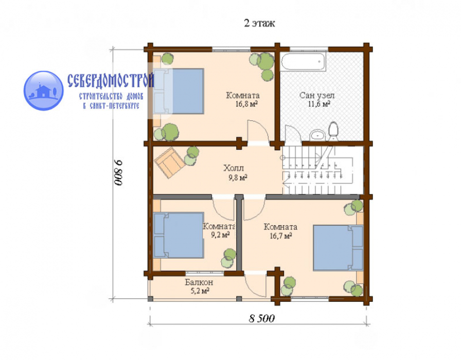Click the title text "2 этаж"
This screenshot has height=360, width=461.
click(x=259, y=23)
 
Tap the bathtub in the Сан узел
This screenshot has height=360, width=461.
click(x=304, y=61)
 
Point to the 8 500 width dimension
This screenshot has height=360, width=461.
click(x=262, y=318)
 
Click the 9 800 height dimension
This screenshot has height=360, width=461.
click(x=118, y=172)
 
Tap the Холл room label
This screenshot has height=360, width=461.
click(x=234, y=168)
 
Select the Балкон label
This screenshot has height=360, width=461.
click(x=199, y=282)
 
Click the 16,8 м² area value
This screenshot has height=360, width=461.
click(x=246, y=104)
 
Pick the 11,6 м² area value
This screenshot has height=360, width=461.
click(x=319, y=104)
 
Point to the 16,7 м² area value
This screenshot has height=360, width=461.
click(x=281, y=236)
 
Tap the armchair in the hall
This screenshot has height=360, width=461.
click(x=170, y=163)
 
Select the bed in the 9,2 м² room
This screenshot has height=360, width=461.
click(x=179, y=235)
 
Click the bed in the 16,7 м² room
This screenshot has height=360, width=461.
click(x=338, y=248)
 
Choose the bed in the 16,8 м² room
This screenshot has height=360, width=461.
click(x=179, y=91)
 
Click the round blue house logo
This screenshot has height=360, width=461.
click(x=44, y=91)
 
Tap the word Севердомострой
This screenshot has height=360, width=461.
click(x=111, y=80)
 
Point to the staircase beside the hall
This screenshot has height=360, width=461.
click(x=317, y=170)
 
